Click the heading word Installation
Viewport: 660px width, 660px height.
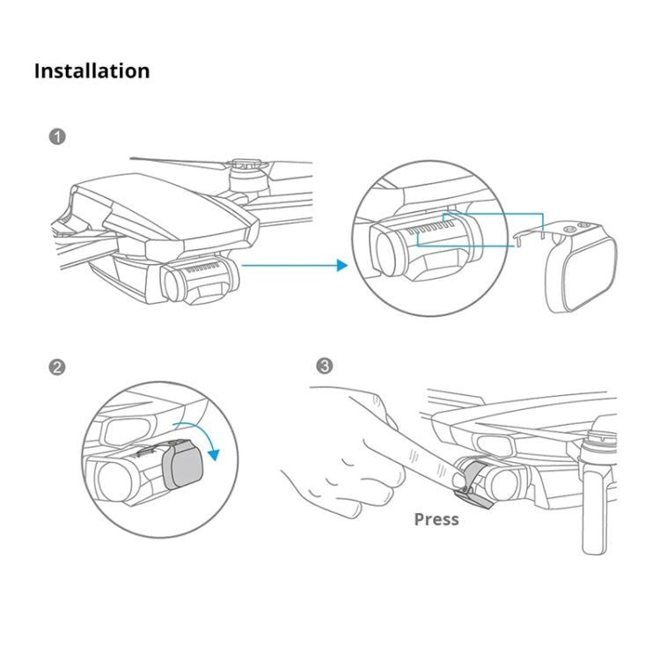coord(92,71)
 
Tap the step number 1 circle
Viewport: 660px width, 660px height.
coord(58,137)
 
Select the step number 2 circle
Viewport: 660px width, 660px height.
coord(58,367)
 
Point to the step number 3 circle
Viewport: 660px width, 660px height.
coord(326,367)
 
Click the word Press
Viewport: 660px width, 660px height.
coord(436,519)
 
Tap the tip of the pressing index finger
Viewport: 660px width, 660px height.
coord(457,480)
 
